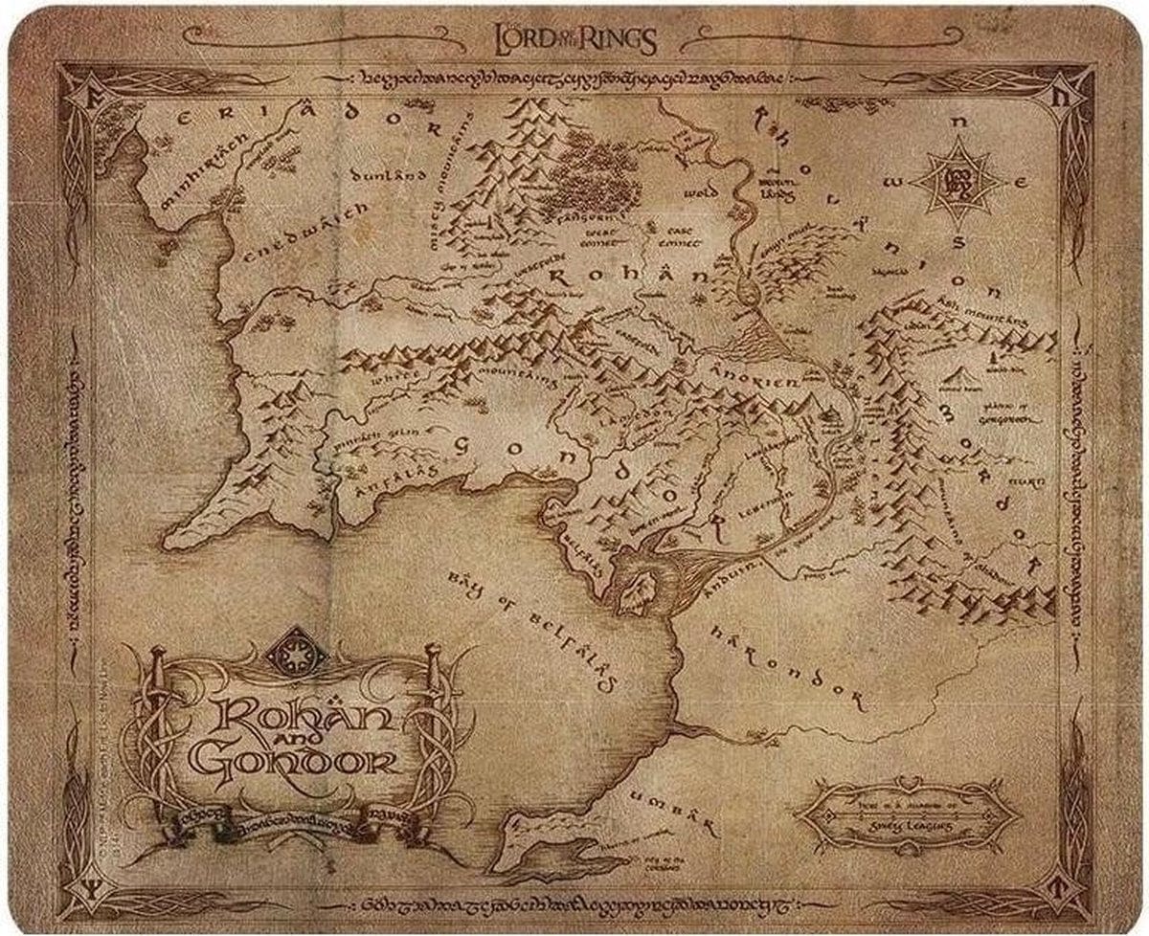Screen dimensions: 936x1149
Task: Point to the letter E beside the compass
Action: [1023, 180]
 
